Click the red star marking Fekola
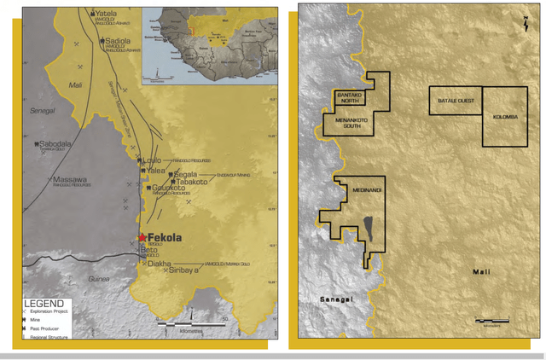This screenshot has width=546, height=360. tap(142, 238)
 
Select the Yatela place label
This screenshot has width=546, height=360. tap(106, 15)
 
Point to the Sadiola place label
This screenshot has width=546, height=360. tap(118, 40)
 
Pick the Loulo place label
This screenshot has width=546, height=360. tap(153, 160)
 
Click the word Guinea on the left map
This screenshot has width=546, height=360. tap(102, 279)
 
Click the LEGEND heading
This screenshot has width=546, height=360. tap(44, 303)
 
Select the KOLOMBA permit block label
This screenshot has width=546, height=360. tap(504, 117)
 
